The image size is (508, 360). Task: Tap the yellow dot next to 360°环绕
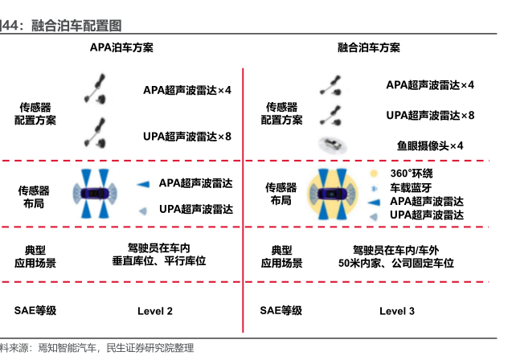point(374,174)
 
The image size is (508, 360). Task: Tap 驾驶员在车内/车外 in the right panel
point(397,248)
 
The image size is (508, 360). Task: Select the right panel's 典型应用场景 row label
point(281,256)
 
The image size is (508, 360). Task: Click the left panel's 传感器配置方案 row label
point(35,113)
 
